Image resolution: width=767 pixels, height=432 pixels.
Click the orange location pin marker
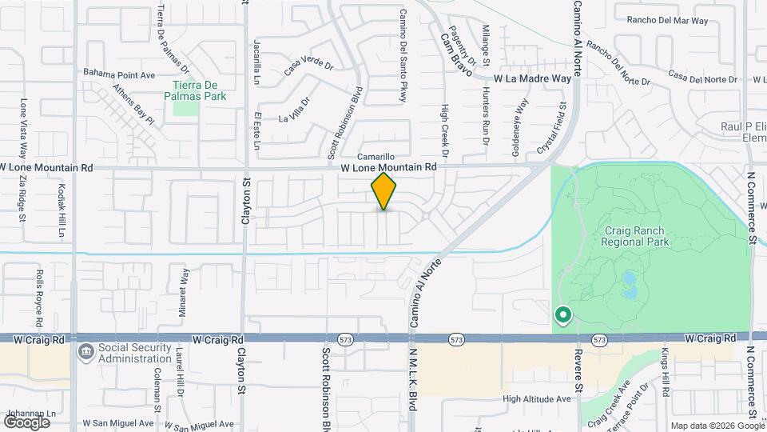(x=384, y=191)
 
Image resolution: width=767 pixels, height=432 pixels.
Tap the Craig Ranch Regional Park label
(x=636, y=236)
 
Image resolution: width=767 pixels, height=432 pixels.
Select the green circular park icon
(x=562, y=315)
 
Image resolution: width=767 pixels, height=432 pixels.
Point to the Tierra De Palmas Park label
(x=200, y=90)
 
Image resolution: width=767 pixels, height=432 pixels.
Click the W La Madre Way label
(x=532, y=79)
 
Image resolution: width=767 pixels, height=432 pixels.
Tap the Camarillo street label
(x=376, y=157)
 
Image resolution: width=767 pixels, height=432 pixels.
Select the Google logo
(x=26, y=422)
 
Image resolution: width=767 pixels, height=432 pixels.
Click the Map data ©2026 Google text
(x=717, y=426)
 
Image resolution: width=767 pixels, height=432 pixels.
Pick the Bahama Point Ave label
(x=119, y=72)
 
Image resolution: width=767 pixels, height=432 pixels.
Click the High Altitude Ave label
(x=537, y=398)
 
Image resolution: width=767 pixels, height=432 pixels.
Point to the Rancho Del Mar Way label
(x=667, y=20)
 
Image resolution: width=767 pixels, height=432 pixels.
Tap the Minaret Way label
(x=184, y=287)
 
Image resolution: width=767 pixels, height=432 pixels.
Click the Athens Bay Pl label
(x=133, y=105)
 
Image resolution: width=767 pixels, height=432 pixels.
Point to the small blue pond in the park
(x=629, y=280)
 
